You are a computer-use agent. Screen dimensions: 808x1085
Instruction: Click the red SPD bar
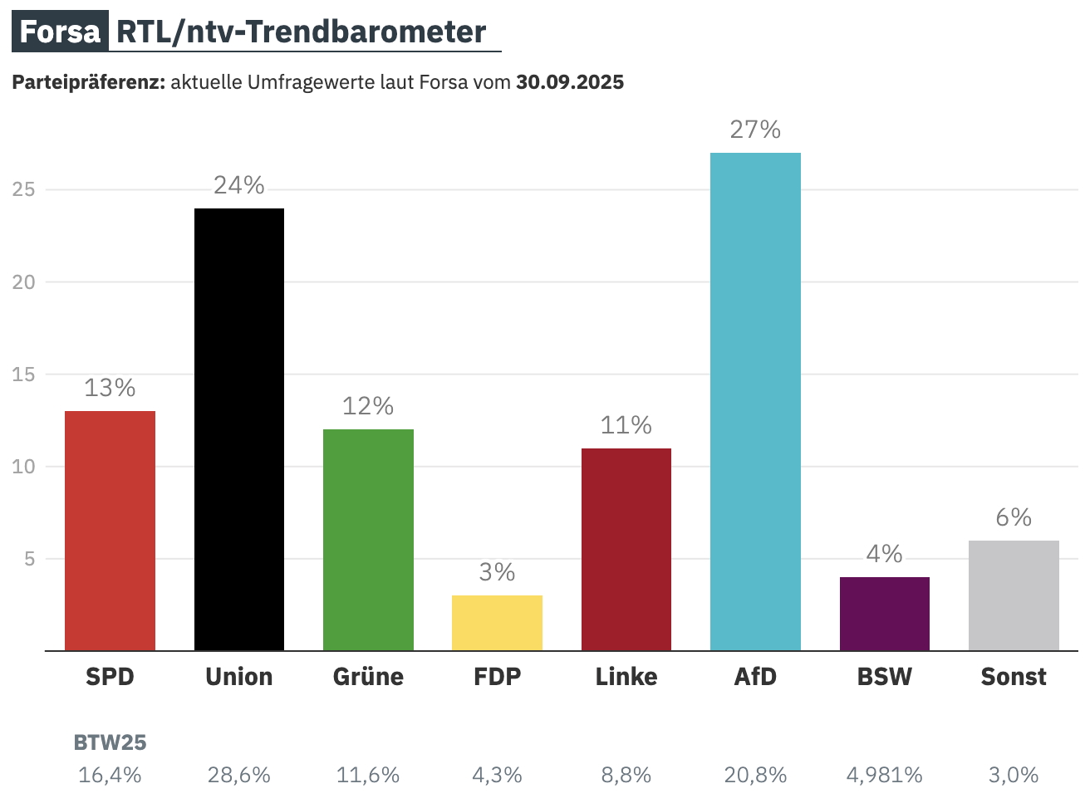(110, 531)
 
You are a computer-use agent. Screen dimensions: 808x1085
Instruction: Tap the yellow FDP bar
(497, 623)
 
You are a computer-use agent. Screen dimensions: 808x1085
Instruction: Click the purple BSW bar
(884, 614)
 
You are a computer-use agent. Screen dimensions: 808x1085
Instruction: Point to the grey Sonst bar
(1014, 595)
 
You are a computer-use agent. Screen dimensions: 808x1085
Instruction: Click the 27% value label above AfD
(755, 130)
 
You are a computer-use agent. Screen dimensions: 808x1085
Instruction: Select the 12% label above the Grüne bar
(368, 406)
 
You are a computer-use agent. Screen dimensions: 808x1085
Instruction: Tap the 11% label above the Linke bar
(626, 425)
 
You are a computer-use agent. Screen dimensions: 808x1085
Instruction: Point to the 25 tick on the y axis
(24, 189)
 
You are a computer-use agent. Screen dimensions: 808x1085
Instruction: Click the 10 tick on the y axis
(24, 467)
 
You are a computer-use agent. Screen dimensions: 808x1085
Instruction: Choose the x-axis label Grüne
(368, 677)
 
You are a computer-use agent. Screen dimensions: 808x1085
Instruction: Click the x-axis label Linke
(626, 677)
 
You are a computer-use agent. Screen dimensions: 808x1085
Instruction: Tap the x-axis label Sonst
(1014, 677)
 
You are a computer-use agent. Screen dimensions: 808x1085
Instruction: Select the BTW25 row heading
(110, 742)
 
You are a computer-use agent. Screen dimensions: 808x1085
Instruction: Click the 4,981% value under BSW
(884, 775)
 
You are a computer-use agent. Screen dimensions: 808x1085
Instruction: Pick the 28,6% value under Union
(239, 775)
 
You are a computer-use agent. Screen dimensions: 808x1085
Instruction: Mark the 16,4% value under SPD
(110, 775)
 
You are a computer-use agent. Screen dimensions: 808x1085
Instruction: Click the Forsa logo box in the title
(60, 32)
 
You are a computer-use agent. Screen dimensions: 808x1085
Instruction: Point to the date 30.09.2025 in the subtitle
(570, 82)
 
